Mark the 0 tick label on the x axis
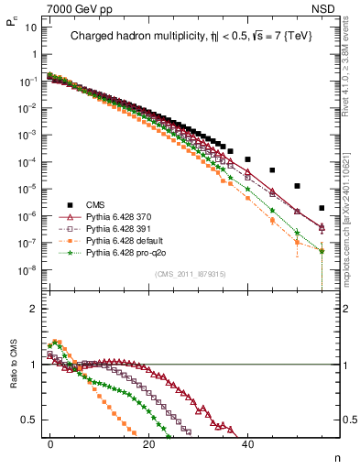coord(50,442)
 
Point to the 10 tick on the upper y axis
coord(30,27)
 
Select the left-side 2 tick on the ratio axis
coord(33,309)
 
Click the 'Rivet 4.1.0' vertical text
coord(351,78)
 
